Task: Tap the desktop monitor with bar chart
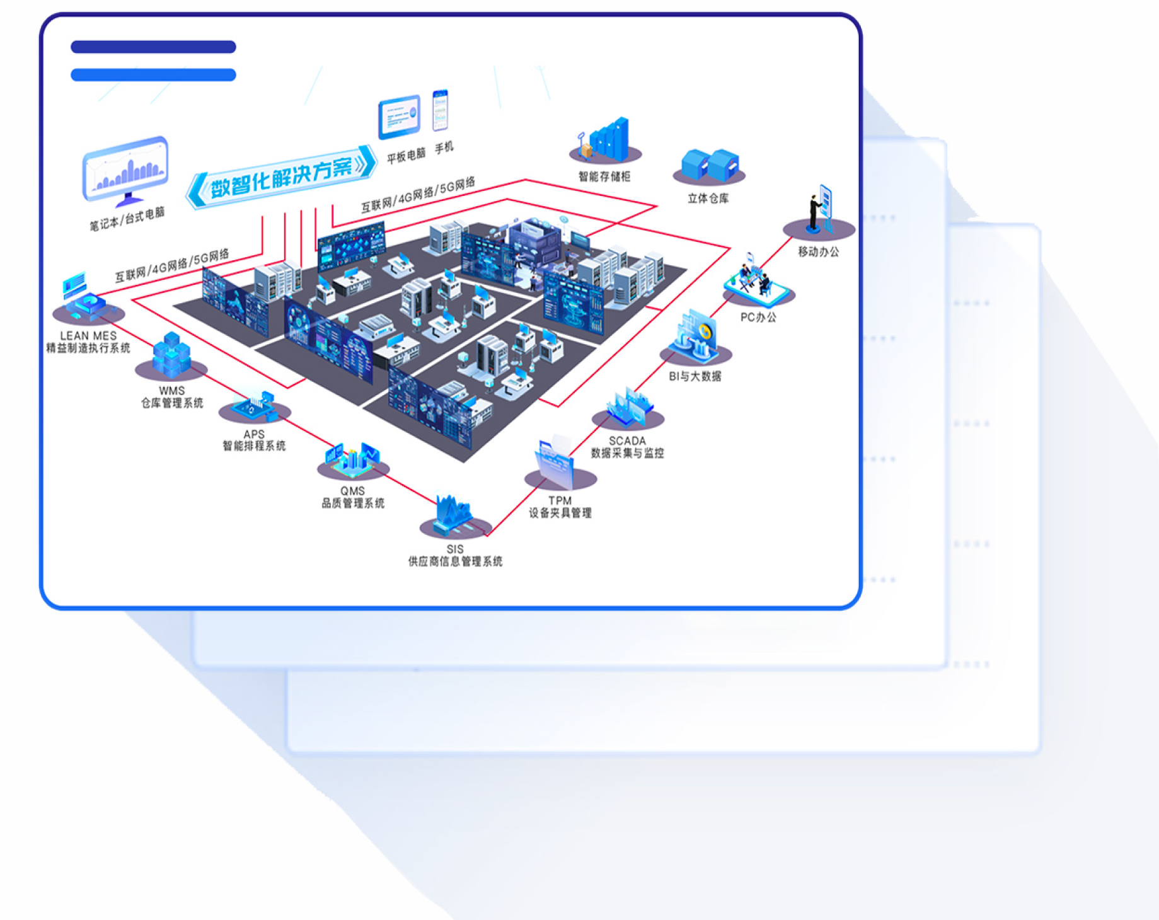pyautogui.click(x=125, y=169)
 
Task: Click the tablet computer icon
pyautogui.click(x=399, y=117)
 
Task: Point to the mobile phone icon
pyautogui.click(x=440, y=111)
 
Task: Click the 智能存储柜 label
pyautogui.click(x=604, y=176)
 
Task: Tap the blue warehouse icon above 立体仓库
pyautogui.click(x=710, y=164)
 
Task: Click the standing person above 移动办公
pyautogui.click(x=815, y=211)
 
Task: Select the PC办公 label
pyautogui.click(x=758, y=317)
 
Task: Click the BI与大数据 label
pyautogui.click(x=695, y=376)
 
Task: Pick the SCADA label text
pyautogui.click(x=627, y=441)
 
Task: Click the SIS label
pyautogui.click(x=455, y=549)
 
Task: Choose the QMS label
pyautogui.click(x=352, y=491)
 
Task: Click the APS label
pyautogui.click(x=254, y=434)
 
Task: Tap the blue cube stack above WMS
pyautogui.click(x=171, y=354)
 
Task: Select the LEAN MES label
pyautogui.click(x=88, y=336)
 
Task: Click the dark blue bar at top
pyautogui.click(x=153, y=47)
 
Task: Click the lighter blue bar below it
pyautogui.click(x=153, y=75)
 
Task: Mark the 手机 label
pyautogui.click(x=444, y=147)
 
